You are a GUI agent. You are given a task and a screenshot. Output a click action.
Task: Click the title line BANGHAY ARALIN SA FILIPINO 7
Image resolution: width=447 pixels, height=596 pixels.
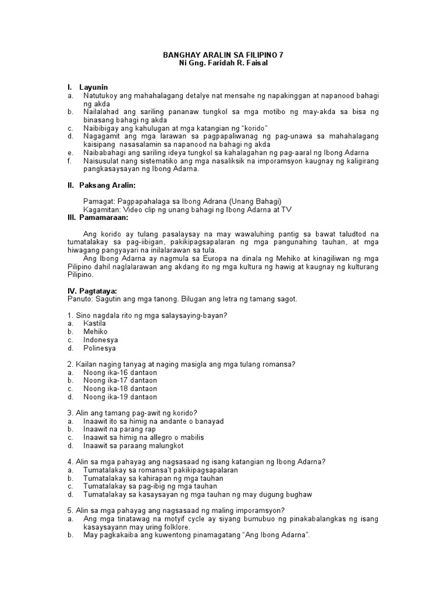tap(223, 55)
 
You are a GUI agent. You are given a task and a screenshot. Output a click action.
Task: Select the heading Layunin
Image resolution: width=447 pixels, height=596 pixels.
tap(94, 87)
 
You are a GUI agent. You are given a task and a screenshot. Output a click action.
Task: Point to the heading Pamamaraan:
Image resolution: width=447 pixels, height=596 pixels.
tap(112, 217)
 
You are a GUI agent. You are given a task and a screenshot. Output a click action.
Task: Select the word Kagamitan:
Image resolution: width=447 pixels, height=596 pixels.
tap(103, 209)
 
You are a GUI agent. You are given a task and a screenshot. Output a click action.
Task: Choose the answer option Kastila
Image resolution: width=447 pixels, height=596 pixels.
tap(94, 323)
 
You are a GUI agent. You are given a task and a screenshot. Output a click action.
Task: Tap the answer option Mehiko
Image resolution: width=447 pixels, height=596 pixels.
tap(95, 331)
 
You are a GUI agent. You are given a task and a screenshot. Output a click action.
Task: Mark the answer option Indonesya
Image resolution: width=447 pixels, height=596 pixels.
tap(100, 339)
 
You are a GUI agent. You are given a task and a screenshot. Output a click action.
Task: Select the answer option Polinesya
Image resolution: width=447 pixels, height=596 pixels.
tap(100, 348)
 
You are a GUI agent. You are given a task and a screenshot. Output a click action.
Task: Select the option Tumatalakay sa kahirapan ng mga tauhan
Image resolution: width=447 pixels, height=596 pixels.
tap(153, 478)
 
